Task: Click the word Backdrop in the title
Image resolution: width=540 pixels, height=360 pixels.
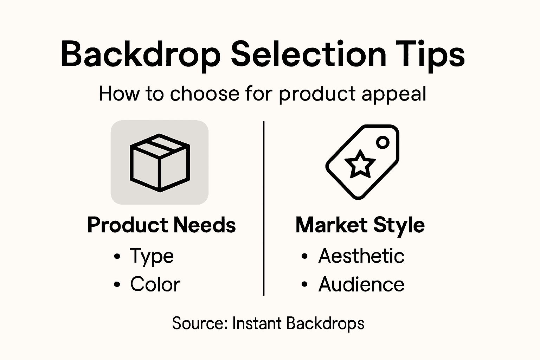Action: [141, 54]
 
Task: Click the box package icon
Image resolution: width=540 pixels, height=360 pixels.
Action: [160, 162]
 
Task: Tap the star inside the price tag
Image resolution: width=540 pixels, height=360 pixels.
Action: [360, 164]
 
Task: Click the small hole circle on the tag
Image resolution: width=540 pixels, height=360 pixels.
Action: [383, 142]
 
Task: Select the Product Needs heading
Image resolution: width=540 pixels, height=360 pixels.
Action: [161, 225]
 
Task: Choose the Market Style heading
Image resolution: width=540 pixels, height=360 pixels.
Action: [360, 225]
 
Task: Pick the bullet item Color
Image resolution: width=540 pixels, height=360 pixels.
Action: [155, 284]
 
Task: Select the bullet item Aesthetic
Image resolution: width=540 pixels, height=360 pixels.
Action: [361, 256]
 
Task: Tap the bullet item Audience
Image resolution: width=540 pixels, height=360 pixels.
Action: [361, 284]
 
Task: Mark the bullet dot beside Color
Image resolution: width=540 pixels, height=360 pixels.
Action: [117, 284]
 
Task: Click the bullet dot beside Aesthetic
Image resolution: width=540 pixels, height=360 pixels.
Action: [304, 256]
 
